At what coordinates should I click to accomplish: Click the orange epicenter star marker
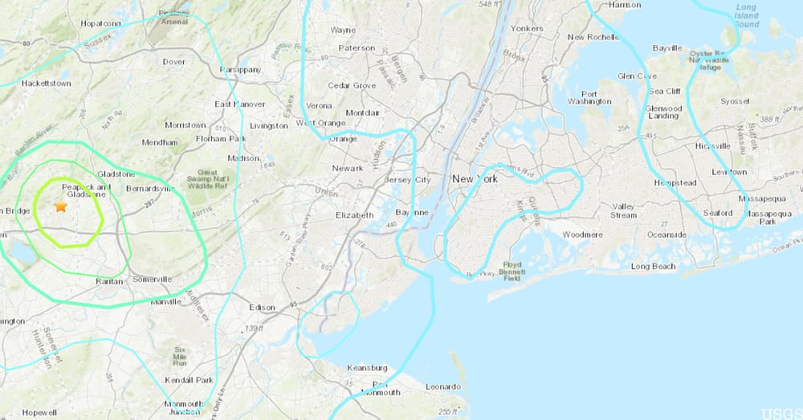coord(60,206)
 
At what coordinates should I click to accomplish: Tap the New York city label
coord(475,178)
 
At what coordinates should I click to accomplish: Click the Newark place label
coord(349,168)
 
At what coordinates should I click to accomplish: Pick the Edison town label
coord(263,307)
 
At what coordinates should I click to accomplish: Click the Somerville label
coord(152,279)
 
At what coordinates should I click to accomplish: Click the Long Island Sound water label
coord(747,16)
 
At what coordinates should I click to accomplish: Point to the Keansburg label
coord(366,368)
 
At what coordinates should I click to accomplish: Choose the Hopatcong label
coord(100,23)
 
